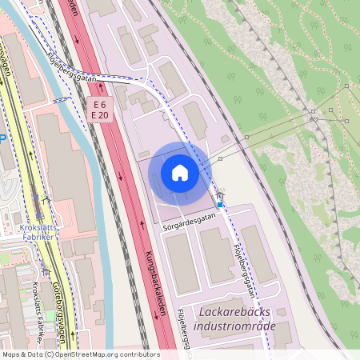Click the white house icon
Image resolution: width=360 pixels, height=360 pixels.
point(179,173)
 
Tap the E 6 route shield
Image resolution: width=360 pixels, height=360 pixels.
point(99,106)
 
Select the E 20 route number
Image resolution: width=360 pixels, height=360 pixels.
point(99,116)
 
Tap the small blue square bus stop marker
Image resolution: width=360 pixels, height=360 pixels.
point(220,205)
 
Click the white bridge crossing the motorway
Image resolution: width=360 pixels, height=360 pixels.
point(112,79)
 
